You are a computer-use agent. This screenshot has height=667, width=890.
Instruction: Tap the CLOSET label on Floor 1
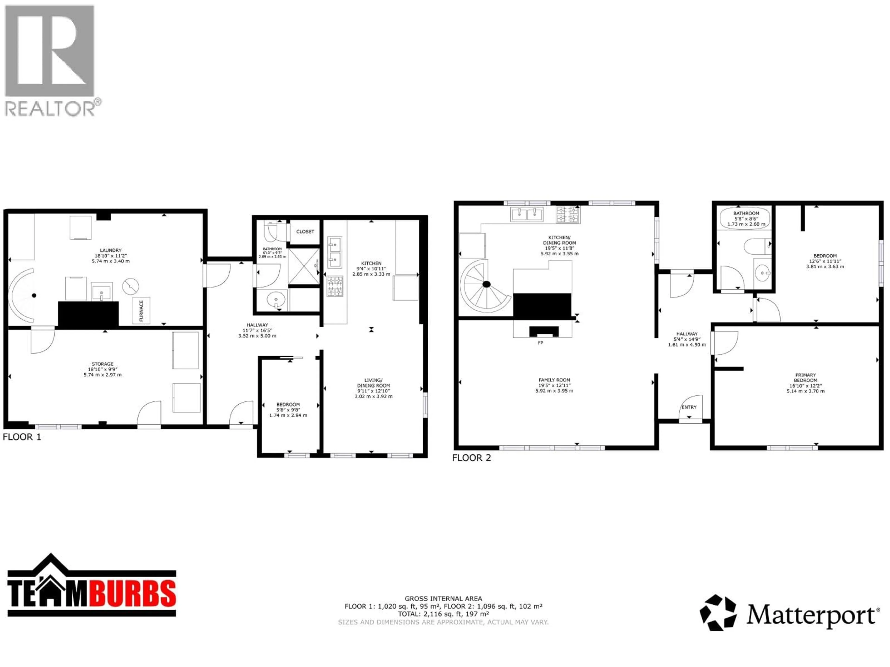[305, 232]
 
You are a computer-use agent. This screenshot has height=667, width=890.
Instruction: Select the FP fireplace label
[540, 343]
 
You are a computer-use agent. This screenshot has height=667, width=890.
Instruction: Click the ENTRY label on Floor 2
[689, 407]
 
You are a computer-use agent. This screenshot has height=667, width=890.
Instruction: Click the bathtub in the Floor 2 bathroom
[746, 218]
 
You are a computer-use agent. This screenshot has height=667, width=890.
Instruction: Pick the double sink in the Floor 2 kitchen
[526, 214]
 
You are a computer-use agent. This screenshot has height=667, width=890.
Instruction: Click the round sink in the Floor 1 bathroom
[277, 299]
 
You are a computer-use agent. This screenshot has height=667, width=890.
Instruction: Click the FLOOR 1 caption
[22, 437]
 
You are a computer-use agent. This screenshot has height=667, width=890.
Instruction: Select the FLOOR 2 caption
[472, 458]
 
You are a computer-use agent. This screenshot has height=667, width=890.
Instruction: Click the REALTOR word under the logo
[50, 109]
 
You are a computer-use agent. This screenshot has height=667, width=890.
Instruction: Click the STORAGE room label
[103, 364]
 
